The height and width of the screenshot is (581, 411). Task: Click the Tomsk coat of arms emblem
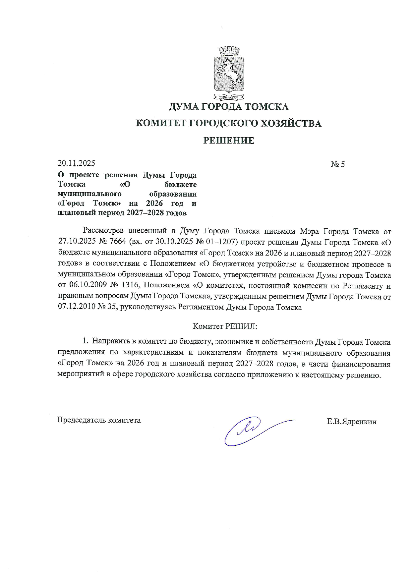click(228, 74)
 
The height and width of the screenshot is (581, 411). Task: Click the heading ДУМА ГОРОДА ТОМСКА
click(228, 107)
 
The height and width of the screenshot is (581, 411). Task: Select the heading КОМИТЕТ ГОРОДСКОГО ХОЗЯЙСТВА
click(229, 124)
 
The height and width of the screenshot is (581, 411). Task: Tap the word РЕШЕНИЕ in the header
click(228, 141)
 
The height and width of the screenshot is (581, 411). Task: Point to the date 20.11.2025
click(76, 163)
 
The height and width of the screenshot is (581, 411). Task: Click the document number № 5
click(337, 164)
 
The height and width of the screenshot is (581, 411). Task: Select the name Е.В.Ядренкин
click(351, 422)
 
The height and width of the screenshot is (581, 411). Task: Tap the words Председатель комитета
click(99, 420)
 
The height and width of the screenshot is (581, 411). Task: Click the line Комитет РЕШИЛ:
click(225, 326)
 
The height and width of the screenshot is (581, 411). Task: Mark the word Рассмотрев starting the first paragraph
click(103, 231)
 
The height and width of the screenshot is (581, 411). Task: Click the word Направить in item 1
click(110, 342)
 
